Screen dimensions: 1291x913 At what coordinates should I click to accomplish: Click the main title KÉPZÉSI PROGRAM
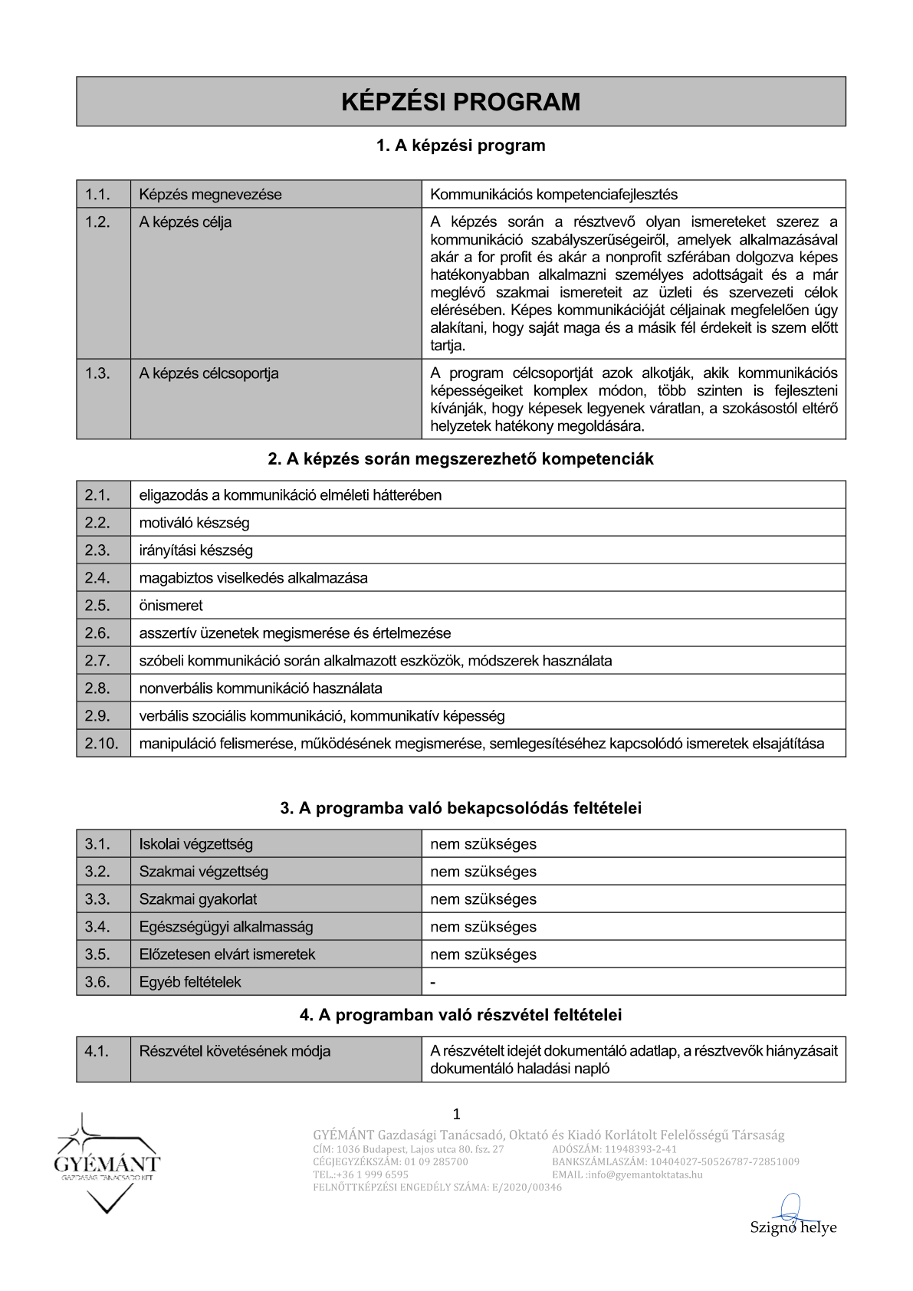(x=461, y=102)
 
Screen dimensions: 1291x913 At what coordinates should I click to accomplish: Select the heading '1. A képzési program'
(x=461, y=146)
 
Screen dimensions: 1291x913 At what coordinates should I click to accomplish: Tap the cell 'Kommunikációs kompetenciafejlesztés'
(x=553, y=195)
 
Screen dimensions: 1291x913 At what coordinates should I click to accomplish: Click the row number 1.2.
(x=97, y=222)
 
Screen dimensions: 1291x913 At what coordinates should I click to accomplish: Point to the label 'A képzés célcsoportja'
(x=209, y=373)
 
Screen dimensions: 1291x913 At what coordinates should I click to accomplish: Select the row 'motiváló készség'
(x=194, y=523)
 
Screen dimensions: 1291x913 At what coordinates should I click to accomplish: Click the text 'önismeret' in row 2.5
(x=171, y=606)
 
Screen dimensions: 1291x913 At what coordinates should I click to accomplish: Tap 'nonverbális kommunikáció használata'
(x=261, y=688)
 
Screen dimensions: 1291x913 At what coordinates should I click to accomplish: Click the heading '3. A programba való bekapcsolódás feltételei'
(x=461, y=808)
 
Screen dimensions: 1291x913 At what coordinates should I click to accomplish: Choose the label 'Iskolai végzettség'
(x=195, y=844)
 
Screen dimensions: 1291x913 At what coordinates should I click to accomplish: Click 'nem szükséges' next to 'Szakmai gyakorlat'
(x=483, y=899)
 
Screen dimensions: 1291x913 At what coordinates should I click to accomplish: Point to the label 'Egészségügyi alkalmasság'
(x=226, y=927)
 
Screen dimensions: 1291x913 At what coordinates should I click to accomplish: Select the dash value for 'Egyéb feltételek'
(x=433, y=983)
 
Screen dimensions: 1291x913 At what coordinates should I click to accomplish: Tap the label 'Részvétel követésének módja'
(x=235, y=1051)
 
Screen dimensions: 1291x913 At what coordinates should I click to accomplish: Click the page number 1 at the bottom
(x=457, y=1114)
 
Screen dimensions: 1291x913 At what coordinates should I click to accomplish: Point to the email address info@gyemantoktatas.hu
(x=645, y=1174)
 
